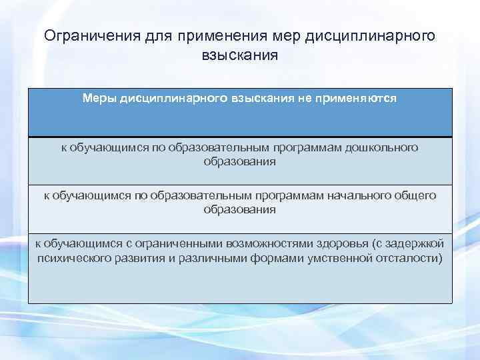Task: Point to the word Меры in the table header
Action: point(99,98)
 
